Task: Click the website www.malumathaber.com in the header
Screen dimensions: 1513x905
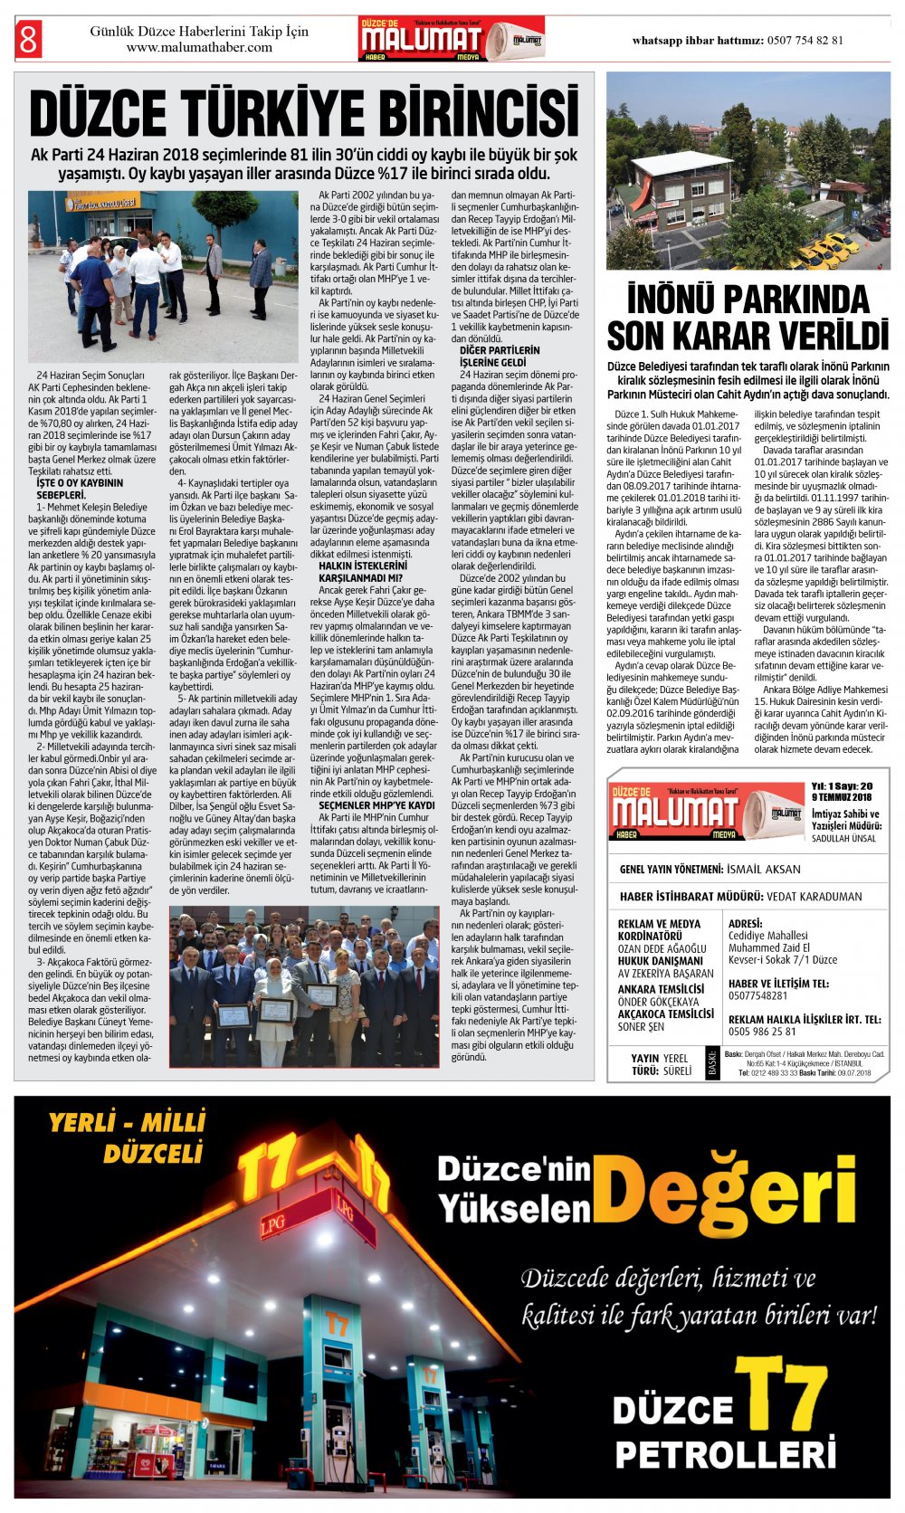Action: (x=199, y=48)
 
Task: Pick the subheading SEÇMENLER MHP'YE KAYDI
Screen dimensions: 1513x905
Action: (x=376, y=804)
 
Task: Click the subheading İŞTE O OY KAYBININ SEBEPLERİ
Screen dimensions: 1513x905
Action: (x=80, y=489)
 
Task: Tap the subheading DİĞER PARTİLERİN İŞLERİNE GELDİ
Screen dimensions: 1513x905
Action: (x=500, y=356)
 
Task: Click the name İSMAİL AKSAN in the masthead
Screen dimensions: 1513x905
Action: (x=765, y=869)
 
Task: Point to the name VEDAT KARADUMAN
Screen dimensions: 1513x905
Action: (x=814, y=897)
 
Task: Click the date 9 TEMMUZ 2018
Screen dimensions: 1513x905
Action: (x=842, y=797)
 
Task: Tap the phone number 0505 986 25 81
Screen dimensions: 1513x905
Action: (x=762, y=1031)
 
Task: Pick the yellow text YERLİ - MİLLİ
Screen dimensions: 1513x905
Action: (x=127, y=1124)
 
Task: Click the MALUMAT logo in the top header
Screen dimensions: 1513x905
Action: (x=422, y=39)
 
